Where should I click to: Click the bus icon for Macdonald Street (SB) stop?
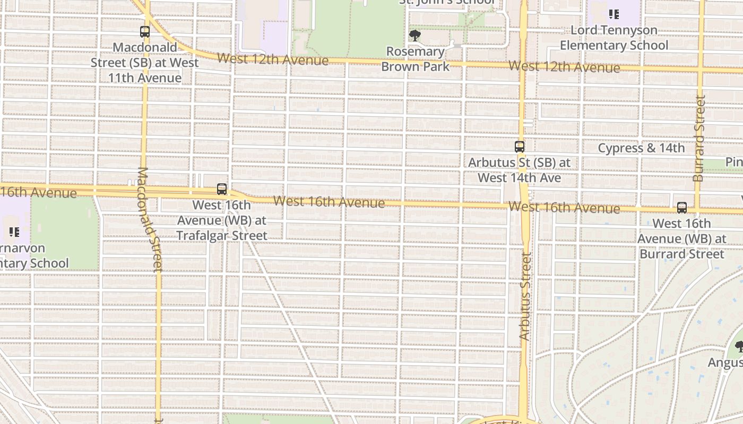point(145,32)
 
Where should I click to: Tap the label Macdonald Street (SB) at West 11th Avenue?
point(144,63)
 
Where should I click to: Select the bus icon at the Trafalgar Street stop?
point(222,189)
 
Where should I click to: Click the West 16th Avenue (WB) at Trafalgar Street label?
point(222,220)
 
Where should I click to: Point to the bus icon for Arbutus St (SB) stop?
point(520,147)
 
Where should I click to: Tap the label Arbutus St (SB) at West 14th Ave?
point(519,170)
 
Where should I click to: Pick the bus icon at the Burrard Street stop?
point(682,208)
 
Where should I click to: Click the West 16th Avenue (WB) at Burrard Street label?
point(682,238)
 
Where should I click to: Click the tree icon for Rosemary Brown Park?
point(415,36)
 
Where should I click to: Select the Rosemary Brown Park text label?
point(415,59)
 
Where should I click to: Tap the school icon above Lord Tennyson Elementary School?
point(614,14)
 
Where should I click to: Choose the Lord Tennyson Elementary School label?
point(614,38)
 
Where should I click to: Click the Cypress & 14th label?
point(641,148)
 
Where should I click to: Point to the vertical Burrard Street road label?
point(699,138)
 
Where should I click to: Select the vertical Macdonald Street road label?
point(151,219)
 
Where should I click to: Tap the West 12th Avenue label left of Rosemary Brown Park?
point(273,59)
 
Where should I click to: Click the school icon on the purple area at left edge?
point(14,232)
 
